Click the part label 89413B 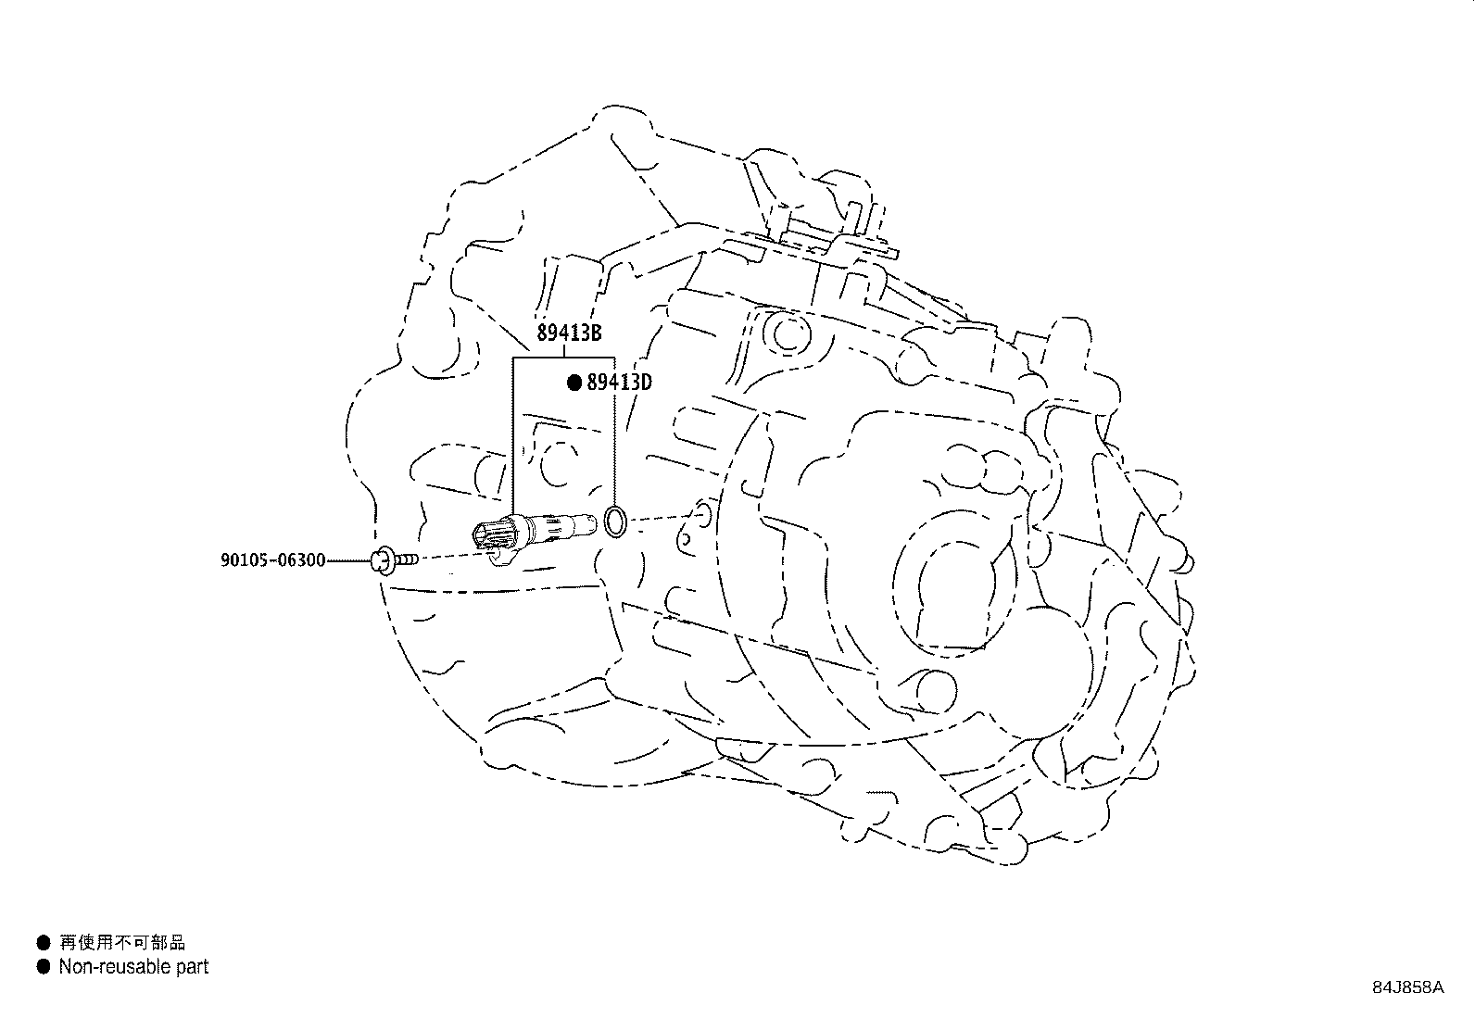click(569, 333)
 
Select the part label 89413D click(619, 382)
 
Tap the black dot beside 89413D click(574, 383)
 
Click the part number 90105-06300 click(273, 560)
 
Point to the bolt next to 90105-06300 click(395, 560)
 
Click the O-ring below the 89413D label click(616, 522)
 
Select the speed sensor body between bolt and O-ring click(535, 534)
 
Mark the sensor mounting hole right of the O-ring click(702, 516)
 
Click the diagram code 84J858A click(1408, 987)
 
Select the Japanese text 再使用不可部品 click(122, 943)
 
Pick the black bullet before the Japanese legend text click(44, 943)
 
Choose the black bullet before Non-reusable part click(44, 967)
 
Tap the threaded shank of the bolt click(407, 559)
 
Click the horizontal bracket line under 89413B click(563, 358)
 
